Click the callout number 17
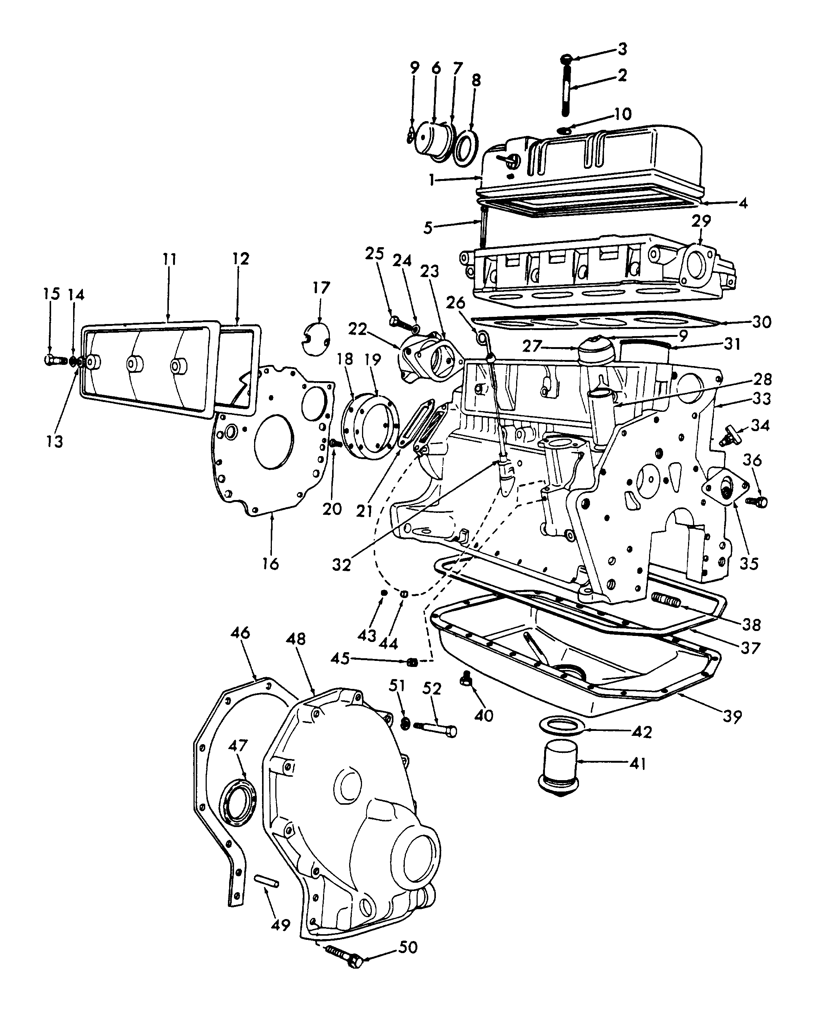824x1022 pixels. click(x=321, y=288)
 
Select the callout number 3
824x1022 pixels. click(x=622, y=49)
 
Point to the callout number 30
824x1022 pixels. click(x=762, y=322)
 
